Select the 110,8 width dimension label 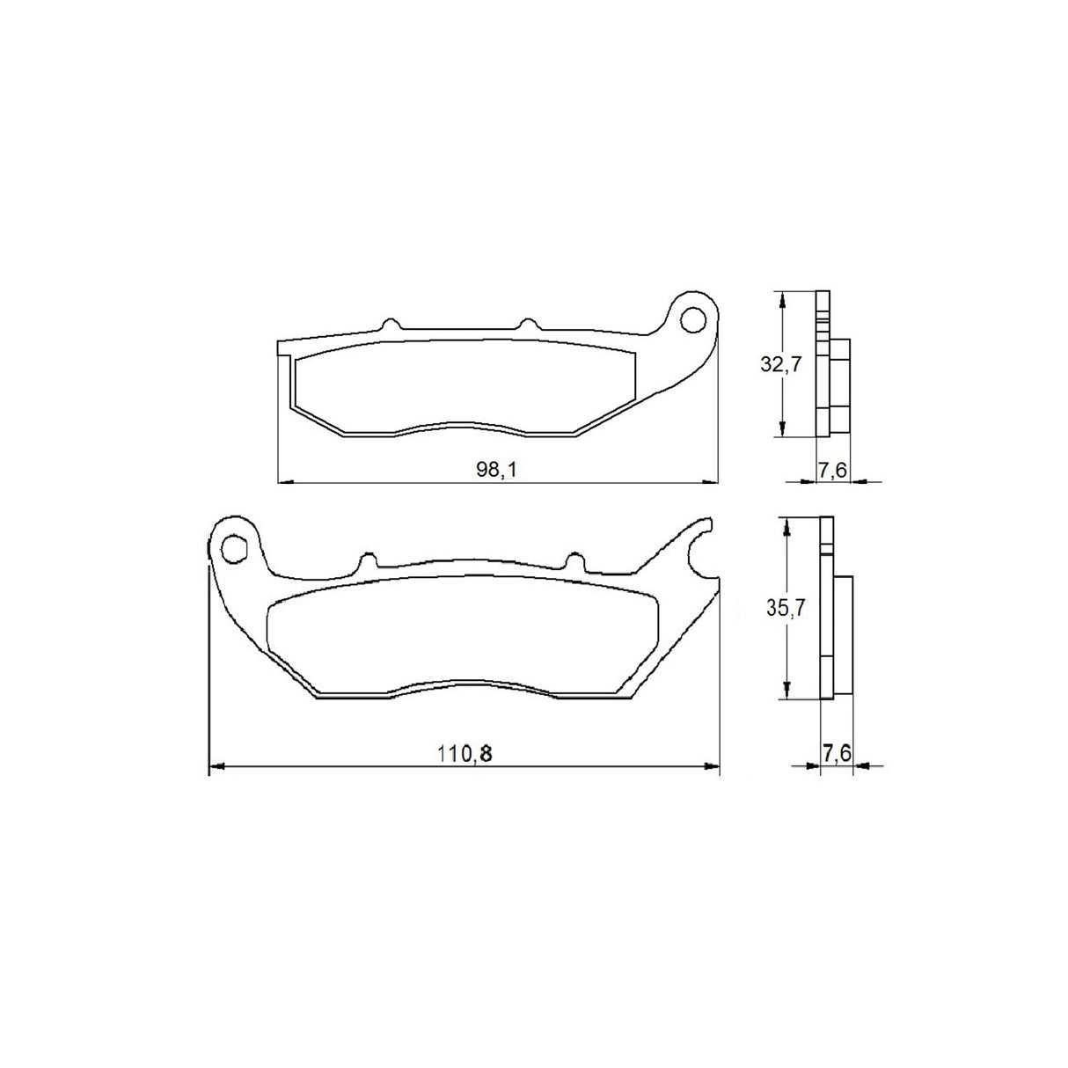465,754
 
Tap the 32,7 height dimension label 780,364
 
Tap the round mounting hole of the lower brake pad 234,548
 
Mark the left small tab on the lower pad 368,560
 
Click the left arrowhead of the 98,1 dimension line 284,482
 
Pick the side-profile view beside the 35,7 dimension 835,609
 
